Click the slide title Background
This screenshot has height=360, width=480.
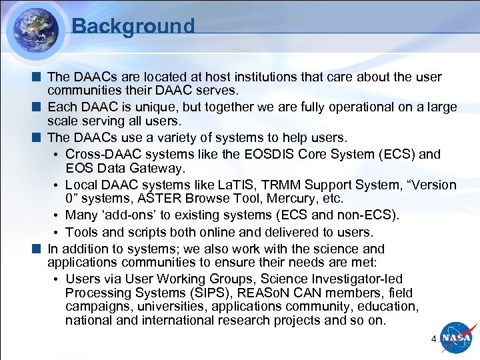[133, 26]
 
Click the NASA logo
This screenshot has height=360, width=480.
[456, 338]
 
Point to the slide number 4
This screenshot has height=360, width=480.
[434, 339]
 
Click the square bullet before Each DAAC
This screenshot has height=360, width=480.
[40, 107]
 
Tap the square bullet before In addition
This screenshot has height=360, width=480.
[40, 249]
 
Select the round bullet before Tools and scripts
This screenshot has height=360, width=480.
[59, 233]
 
